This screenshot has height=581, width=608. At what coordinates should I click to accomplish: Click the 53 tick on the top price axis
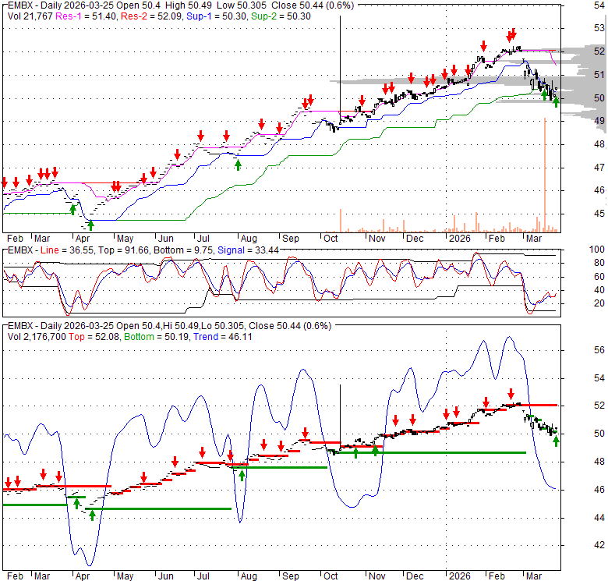[x=578, y=29]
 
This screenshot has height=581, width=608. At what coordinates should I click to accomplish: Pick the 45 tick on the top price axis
[x=578, y=214]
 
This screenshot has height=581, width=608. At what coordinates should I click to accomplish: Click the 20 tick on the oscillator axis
[x=578, y=302]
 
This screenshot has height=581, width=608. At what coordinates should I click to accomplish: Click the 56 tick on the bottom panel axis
[x=578, y=349]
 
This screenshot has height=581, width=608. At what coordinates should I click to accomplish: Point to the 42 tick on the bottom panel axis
[x=578, y=545]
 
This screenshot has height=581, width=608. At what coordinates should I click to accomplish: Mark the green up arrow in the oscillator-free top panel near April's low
[x=90, y=225]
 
